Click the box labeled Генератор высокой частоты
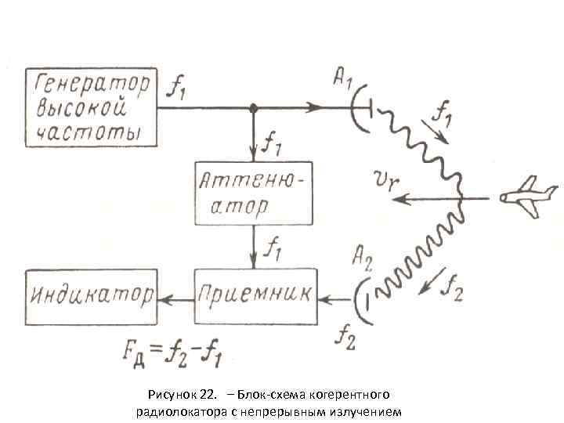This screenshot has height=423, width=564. (90, 107)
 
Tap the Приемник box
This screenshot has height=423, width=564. (255, 296)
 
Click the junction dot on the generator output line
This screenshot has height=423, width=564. (252, 108)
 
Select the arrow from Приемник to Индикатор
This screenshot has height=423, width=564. (175, 297)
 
